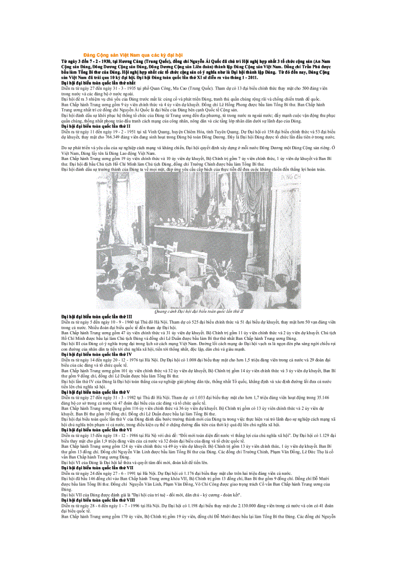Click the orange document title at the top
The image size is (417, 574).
click(x=133, y=55)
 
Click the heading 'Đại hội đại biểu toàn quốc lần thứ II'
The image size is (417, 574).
click(x=96, y=125)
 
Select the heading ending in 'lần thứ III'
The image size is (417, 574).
click(x=97, y=316)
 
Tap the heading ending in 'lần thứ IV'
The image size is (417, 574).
click(x=96, y=354)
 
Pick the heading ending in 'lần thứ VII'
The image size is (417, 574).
click(x=97, y=467)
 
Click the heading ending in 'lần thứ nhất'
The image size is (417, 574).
click(x=98, y=82)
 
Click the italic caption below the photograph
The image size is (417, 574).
click(x=199, y=311)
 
